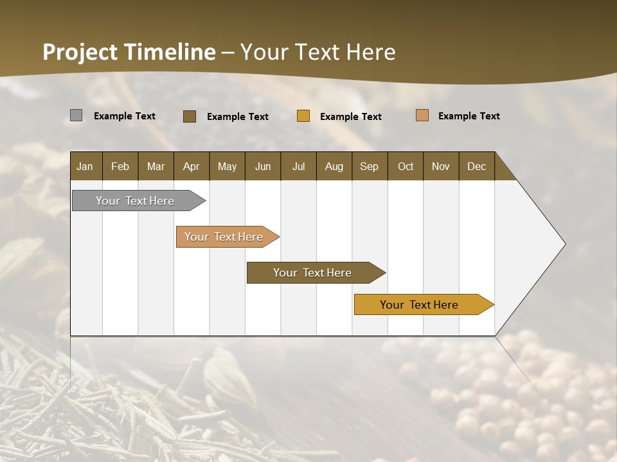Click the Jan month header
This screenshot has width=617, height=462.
tap(85, 166)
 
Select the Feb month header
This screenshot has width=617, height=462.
tap(120, 166)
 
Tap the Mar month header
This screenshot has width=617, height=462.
tap(156, 166)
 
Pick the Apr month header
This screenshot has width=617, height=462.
tap(192, 166)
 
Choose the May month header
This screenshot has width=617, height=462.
tap(227, 166)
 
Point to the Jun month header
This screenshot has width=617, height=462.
tap(263, 166)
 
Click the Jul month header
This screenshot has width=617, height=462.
tap(298, 166)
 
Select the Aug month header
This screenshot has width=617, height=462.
tap(334, 166)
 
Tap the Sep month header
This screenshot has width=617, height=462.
tap(370, 166)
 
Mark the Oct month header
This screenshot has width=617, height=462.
tap(406, 166)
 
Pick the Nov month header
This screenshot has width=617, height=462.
tap(441, 166)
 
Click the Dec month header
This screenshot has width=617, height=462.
tap(477, 166)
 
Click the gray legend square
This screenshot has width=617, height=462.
tap(76, 116)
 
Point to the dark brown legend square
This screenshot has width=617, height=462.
tap(190, 116)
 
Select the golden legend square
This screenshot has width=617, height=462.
tap(303, 116)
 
